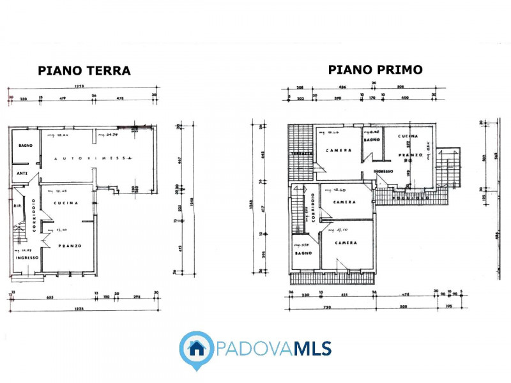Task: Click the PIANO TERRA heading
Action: click(84, 71)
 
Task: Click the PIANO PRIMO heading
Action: click(376, 70)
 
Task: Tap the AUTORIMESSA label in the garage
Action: click(93, 158)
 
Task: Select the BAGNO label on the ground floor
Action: click(25, 146)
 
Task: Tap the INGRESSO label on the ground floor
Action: click(27, 258)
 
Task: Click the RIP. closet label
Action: click(19, 206)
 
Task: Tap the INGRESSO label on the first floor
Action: click(383, 171)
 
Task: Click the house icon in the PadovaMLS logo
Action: click(196, 349)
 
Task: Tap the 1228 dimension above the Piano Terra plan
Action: click(79, 87)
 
